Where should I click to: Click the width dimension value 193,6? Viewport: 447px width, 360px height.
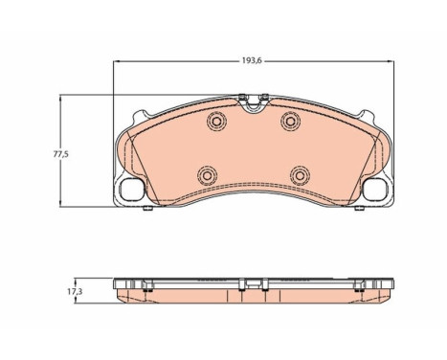pyautogui.click(x=253, y=60)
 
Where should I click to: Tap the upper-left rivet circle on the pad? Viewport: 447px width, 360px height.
pyautogui.click(x=215, y=122)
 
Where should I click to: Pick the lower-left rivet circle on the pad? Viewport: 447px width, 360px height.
pyautogui.click(x=206, y=175)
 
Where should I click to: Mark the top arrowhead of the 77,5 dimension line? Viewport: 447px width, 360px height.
pyautogui.click(x=63, y=98)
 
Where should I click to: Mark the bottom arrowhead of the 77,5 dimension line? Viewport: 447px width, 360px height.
pyautogui.click(x=63, y=205)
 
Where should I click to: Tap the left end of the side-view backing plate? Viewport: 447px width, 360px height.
pyautogui.click(x=117, y=287)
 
